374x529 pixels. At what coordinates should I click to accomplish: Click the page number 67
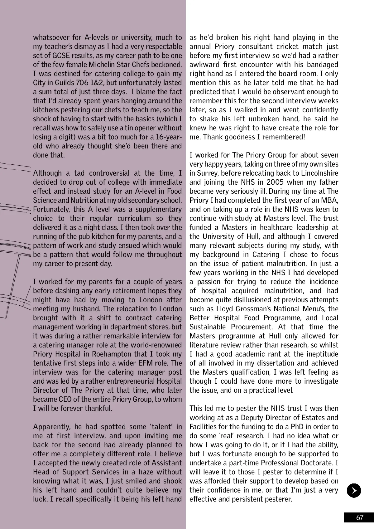tap(360, 517)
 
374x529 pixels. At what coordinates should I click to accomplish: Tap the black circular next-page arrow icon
tap(354, 491)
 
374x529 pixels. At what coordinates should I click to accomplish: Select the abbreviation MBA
tap(331, 200)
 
